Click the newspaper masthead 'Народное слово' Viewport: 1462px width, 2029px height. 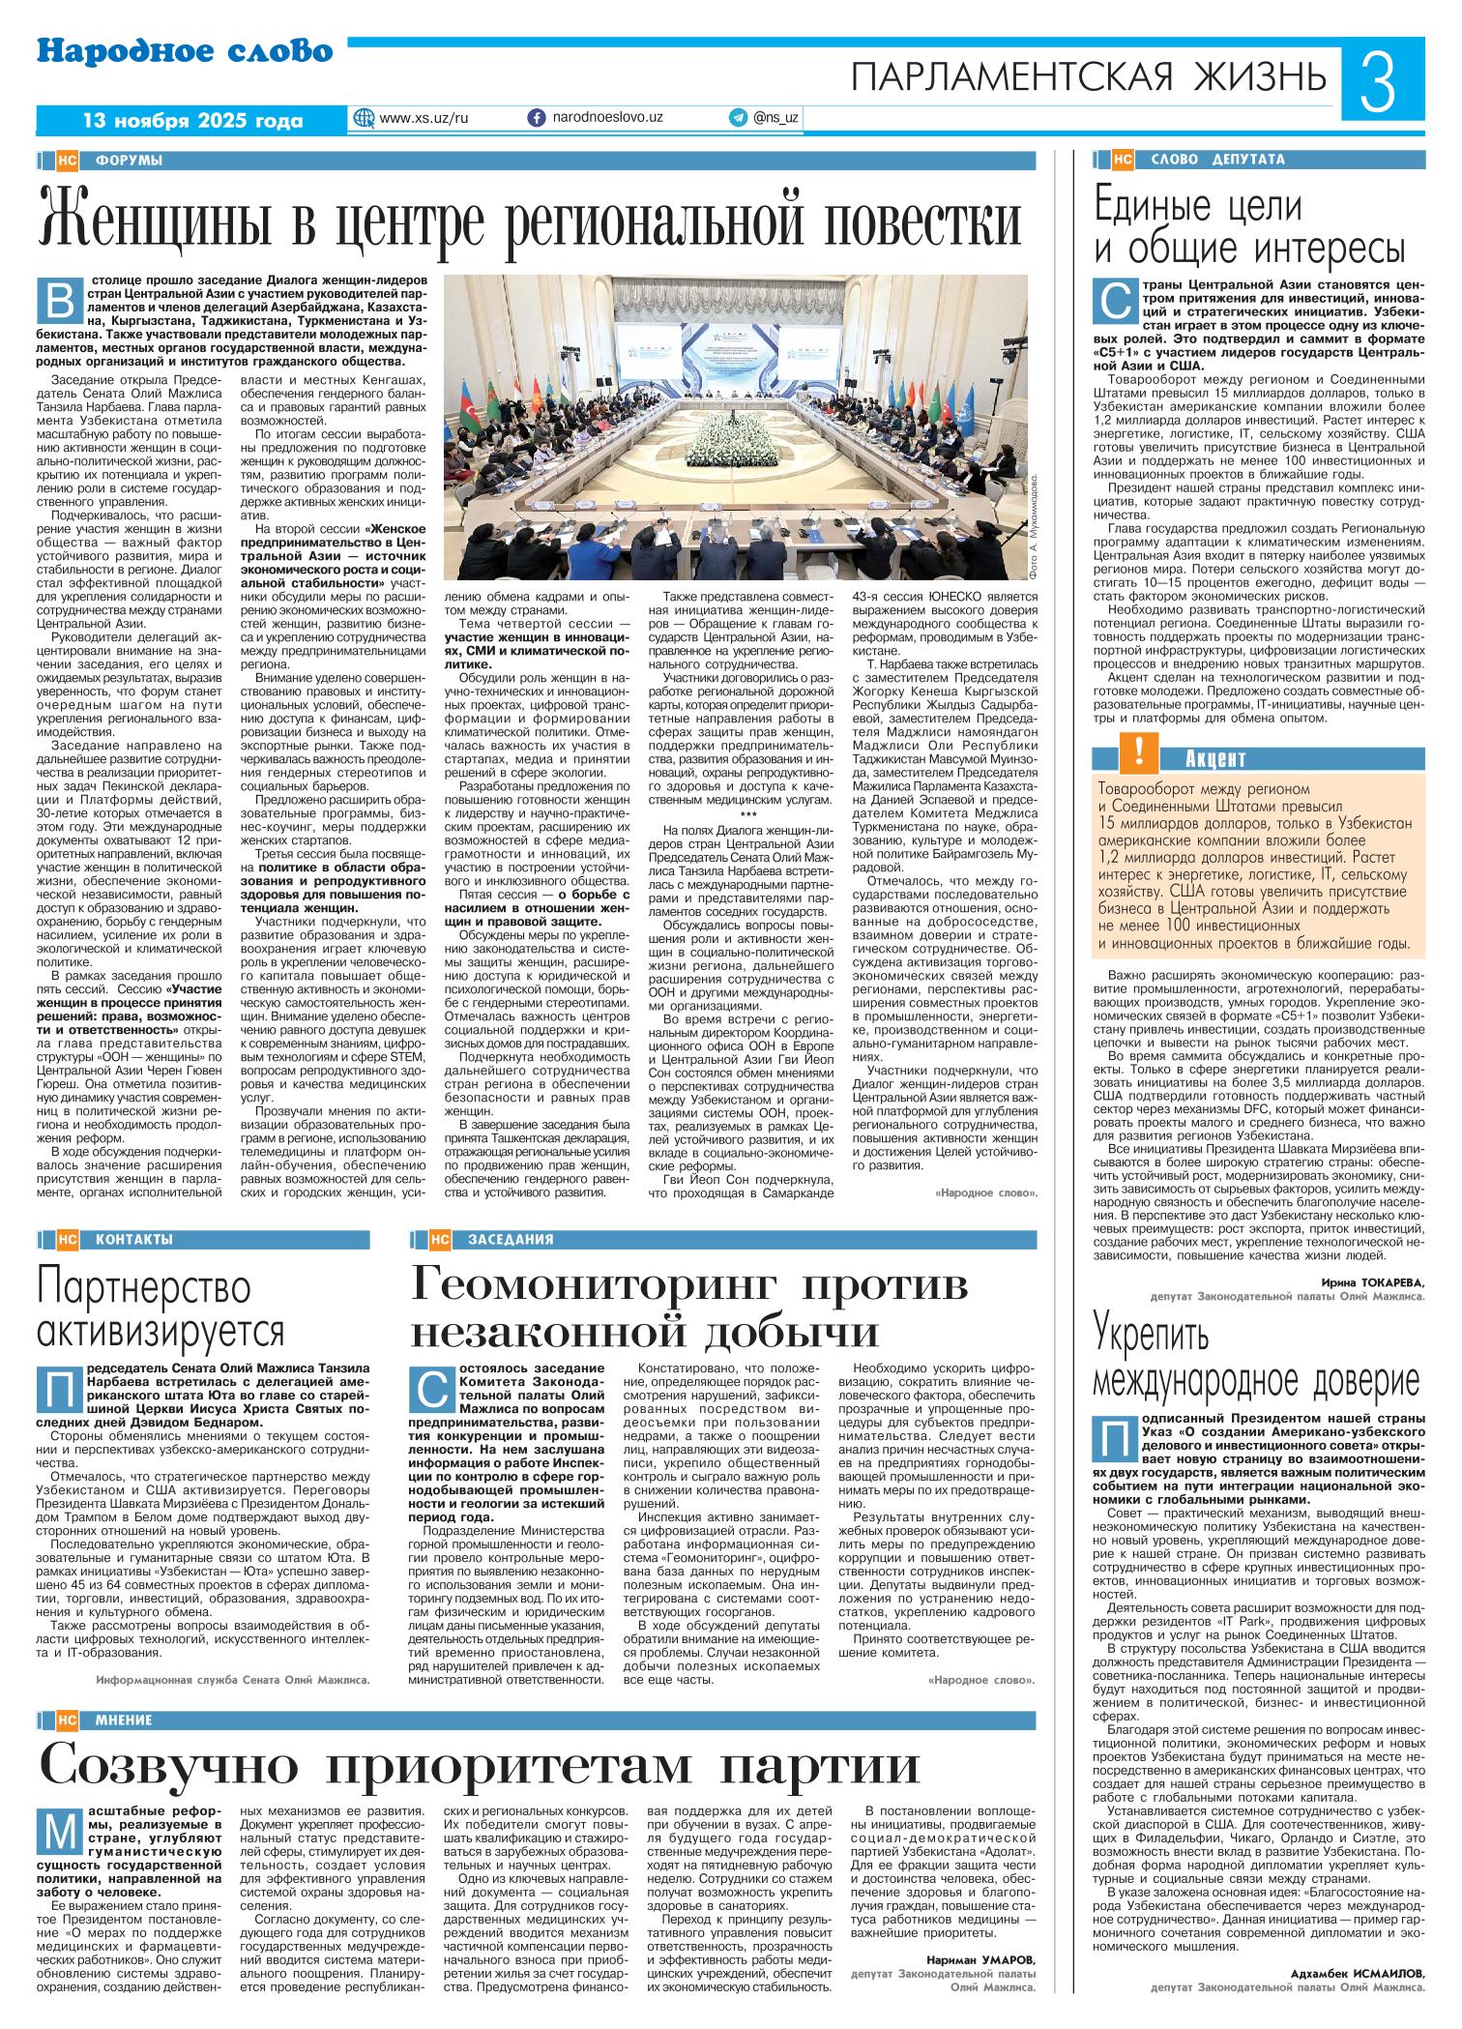tap(185, 50)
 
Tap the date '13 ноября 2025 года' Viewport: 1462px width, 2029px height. tap(192, 121)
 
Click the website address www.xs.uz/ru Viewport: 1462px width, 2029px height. tap(424, 117)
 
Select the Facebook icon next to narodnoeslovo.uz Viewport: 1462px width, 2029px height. tap(536, 117)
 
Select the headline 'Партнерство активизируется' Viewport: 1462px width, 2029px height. tap(160, 1309)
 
